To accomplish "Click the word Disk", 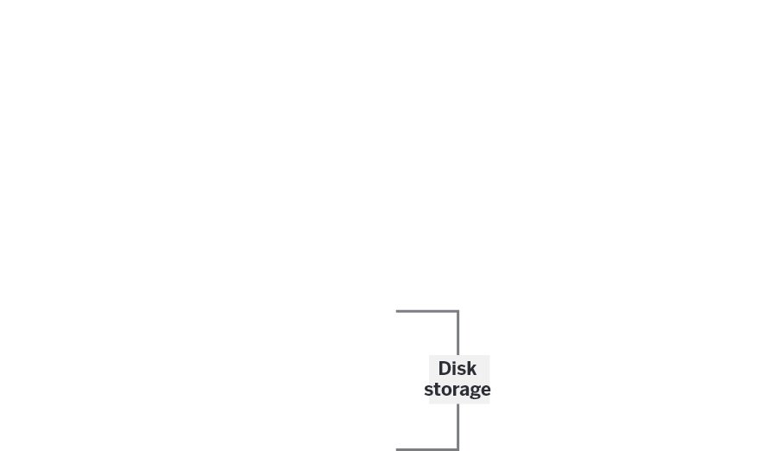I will point(458,369).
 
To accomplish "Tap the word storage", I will point(458,390).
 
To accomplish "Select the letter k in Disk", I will point(471,369).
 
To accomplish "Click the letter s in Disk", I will point(463,370).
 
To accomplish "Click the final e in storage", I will point(485,391).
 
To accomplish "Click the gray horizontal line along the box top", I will point(426,311).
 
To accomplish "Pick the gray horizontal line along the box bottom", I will point(426,448).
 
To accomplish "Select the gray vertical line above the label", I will point(458,333).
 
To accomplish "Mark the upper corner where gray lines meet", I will point(458,311).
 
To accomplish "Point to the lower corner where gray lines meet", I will point(458,448).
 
